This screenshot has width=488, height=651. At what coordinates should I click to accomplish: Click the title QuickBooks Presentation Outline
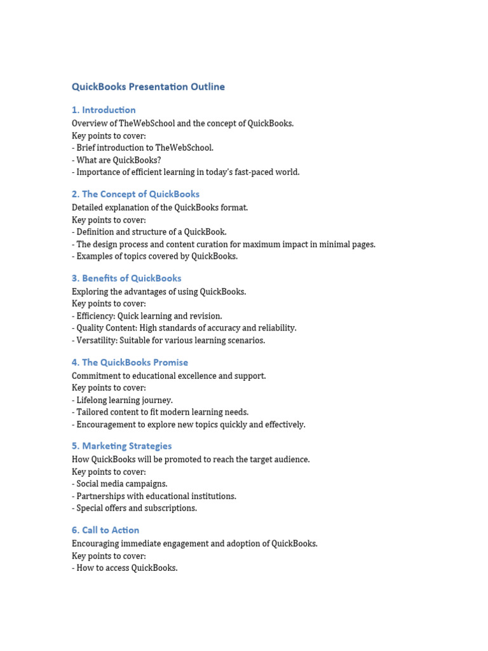coord(148,87)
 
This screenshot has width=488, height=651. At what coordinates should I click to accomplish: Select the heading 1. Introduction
coord(104,110)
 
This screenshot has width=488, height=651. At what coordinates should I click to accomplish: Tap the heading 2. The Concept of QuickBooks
coord(135,194)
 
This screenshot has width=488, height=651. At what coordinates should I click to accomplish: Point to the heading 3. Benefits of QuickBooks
coord(126,278)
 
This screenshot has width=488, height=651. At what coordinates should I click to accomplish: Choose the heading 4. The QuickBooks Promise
coord(130,362)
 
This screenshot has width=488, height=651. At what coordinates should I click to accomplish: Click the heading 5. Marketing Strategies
coord(121,446)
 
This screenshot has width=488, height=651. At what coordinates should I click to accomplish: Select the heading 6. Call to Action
coord(105,530)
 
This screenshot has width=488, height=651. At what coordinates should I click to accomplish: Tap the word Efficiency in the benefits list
coord(95,316)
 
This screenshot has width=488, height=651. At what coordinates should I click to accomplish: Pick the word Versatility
coord(97,340)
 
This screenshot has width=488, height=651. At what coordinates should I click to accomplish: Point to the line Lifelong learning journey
coord(124,400)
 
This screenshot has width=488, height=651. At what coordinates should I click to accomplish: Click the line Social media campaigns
coord(121,484)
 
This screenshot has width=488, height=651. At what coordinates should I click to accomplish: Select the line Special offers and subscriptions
coord(136,508)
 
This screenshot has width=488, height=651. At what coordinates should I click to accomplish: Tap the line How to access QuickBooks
coord(126,568)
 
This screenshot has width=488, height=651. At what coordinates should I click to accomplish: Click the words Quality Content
coord(106,328)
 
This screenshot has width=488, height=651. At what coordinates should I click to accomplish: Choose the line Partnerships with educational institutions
coord(156,496)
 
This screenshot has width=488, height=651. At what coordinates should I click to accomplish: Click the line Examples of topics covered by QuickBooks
coord(156,256)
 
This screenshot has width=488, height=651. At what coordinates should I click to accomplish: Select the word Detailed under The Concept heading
coord(88,208)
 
